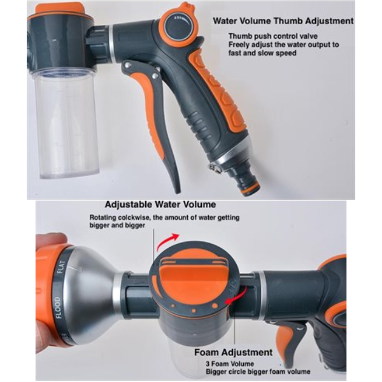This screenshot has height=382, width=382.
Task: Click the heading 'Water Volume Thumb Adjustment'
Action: pos(283,21)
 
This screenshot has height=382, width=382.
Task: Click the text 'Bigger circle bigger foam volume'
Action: pos(257,371)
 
